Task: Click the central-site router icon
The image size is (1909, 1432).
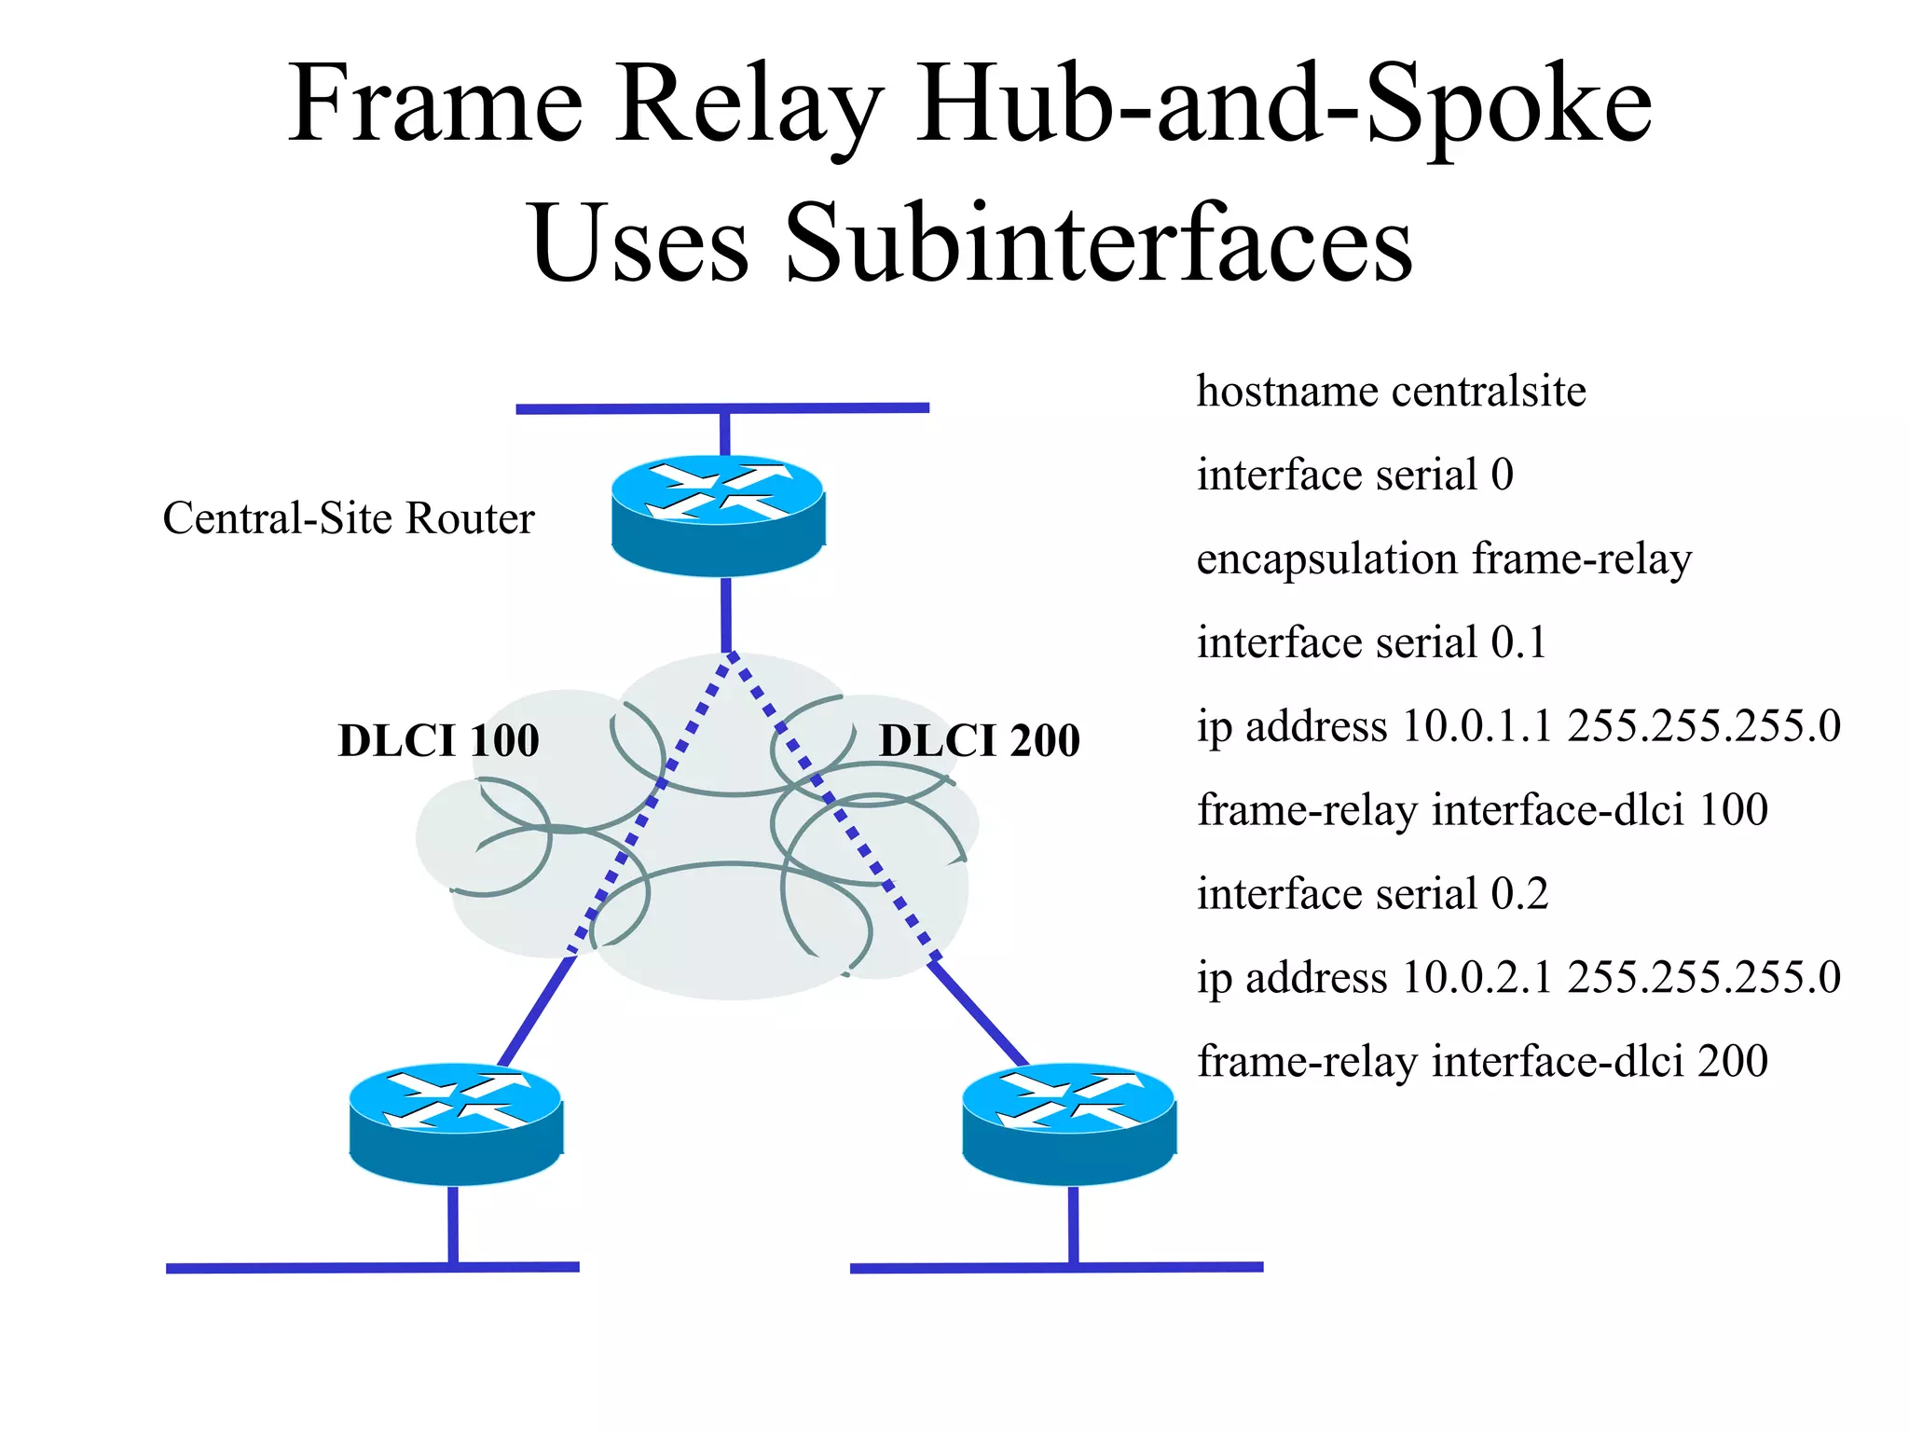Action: tap(718, 515)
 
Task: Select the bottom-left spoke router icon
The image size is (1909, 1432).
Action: tap(456, 1123)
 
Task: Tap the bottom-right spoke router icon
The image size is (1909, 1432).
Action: tap(1068, 1123)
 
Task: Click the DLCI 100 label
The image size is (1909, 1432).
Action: tap(438, 741)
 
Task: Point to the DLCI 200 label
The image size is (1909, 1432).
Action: tap(980, 741)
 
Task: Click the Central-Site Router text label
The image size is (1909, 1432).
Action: tap(349, 518)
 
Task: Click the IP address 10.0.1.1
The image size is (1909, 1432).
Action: tap(1476, 726)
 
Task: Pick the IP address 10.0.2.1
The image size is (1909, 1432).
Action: tap(1476, 978)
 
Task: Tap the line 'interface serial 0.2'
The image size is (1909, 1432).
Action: tap(1372, 894)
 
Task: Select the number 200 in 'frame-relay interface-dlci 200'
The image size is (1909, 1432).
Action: tap(1732, 1062)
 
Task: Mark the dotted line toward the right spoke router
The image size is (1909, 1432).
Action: tap(830, 802)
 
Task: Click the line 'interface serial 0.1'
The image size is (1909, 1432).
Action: tap(1371, 642)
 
